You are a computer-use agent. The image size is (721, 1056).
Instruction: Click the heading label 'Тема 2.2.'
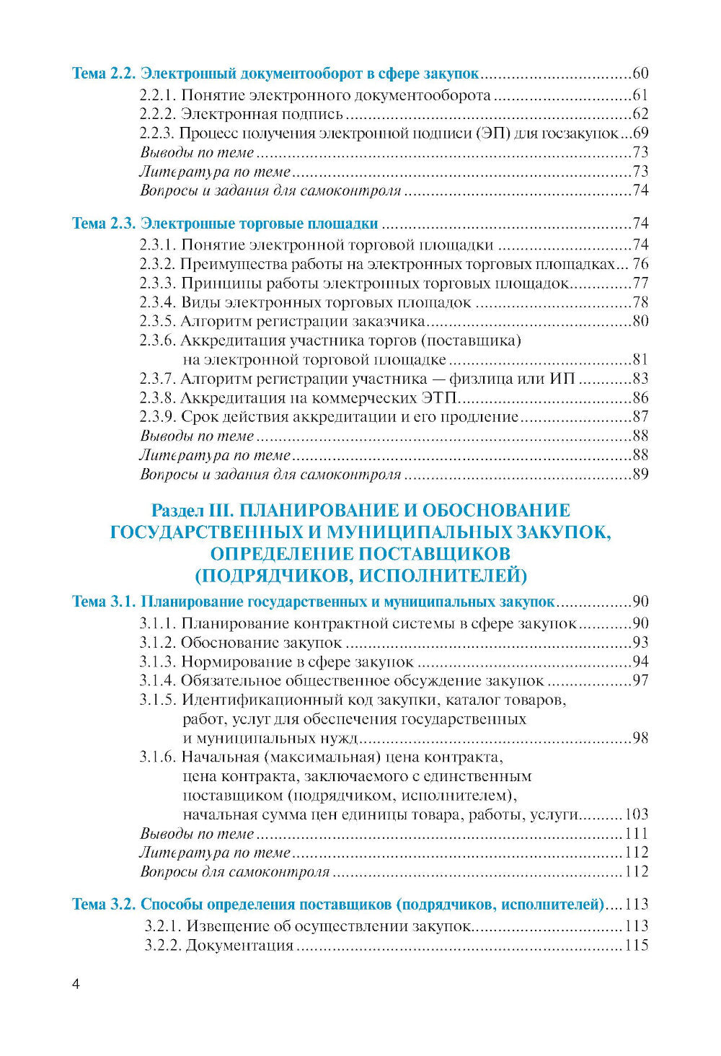103,74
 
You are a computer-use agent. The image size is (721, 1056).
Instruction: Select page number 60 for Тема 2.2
640,74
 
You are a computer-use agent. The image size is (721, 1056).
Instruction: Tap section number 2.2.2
158,114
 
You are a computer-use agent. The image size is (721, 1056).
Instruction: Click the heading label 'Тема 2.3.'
103,224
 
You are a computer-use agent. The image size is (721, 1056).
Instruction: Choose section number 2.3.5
158,322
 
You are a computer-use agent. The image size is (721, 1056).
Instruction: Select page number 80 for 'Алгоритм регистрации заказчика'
640,322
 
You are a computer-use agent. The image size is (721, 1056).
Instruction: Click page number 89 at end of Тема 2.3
640,475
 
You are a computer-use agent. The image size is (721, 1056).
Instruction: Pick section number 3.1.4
158,681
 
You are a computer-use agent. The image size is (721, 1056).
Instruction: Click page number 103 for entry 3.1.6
637,815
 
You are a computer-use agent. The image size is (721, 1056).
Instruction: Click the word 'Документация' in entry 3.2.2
239,946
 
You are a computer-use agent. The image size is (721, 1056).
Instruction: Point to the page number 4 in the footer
76,985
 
